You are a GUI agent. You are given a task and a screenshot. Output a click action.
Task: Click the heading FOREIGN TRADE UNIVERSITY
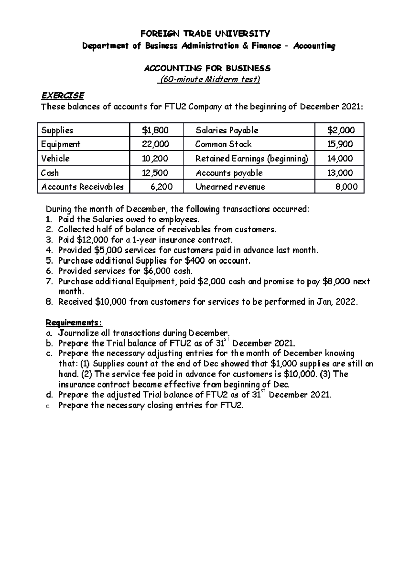pyautogui.click(x=205, y=33)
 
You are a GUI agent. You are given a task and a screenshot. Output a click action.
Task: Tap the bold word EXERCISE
pyautogui.click(x=63, y=95)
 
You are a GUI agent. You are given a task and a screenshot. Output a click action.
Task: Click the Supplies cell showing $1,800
pyautogui.click(x=155, y=130)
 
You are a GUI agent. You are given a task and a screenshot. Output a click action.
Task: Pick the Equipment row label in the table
pyautogui.click(x=60, y=144)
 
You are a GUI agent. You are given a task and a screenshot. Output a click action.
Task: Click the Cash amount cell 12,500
pyautogui.click(x=155, y=173)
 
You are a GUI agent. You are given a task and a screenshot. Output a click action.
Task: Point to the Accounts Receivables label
pyautogui.click(x=82, y=187)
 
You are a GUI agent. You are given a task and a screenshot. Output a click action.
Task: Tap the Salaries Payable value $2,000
pyautogui.click(x=341, y=130)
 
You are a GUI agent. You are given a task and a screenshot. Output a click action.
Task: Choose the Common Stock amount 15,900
pyautogui.click(x=340, y=144)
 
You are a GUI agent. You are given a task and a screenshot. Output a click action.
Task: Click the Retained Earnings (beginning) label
pyautogui.click(x=252, y=159)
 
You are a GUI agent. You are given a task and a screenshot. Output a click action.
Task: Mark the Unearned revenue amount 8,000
pyautogui.click(x=346, y=187)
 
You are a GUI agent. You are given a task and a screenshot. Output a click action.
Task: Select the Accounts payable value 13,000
pyautogui.click(x=340, y=173)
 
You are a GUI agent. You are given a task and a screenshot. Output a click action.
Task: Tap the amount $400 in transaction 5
pyautogui.click(x=194, y=261)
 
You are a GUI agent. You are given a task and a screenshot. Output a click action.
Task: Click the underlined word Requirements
pyautogui.click(x=73, y=323)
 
